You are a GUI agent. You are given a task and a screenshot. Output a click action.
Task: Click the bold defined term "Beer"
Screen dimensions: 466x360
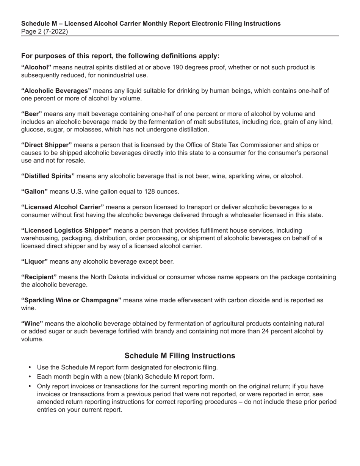31,114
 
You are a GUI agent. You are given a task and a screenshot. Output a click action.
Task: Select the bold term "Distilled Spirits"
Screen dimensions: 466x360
48,176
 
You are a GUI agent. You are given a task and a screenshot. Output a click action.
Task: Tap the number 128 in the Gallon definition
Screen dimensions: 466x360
150,191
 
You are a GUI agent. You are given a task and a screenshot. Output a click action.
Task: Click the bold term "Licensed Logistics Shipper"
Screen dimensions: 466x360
66,230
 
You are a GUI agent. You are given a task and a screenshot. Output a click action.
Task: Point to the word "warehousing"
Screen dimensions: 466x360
39,238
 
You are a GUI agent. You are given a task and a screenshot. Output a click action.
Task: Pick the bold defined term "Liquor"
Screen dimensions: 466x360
34,261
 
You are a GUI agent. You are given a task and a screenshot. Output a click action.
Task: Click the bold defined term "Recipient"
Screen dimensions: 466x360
39,277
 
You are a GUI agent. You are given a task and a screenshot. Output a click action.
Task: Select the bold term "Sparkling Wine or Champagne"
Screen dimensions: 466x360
71,300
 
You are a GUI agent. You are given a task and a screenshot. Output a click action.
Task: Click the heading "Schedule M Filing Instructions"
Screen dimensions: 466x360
180,355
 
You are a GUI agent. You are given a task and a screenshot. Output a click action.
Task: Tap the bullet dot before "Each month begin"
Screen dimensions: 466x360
30,377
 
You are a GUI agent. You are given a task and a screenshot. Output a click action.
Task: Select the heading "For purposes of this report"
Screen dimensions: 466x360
120,56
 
